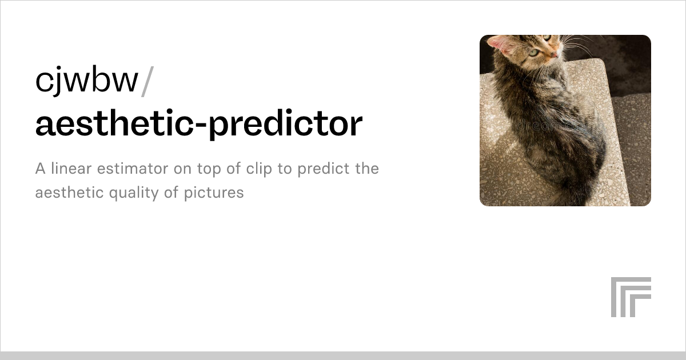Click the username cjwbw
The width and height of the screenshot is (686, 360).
tap(87, 81)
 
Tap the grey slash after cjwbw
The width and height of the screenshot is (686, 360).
tap(146, 81)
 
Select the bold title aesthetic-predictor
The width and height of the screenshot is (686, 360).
tap(199, 124)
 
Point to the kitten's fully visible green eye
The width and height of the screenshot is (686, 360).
tap(533, 52)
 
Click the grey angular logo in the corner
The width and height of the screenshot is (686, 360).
tap(631, 297)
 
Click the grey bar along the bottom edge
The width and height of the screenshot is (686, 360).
tap(343, 355)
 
